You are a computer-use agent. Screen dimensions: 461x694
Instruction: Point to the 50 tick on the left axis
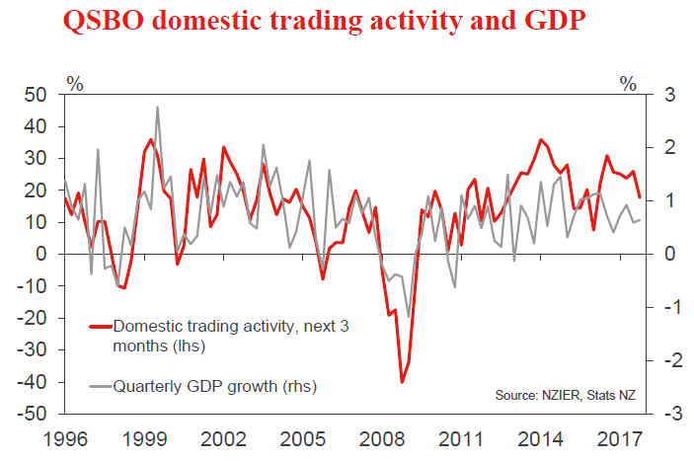tap(36, 95)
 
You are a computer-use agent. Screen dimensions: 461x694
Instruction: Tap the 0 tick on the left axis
tap(40, 255)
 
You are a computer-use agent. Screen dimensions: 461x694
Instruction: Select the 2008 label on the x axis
tap(381, 437)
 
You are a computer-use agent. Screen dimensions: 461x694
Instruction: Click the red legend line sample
tap(99, 324)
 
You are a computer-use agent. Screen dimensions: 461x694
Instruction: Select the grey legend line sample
tap(99, 384)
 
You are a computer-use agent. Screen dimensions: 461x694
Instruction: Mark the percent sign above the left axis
tap(73, 83)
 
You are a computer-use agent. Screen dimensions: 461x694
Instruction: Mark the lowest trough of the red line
tap(401, 381)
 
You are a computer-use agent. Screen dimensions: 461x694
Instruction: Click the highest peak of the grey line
tap(158, 108)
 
